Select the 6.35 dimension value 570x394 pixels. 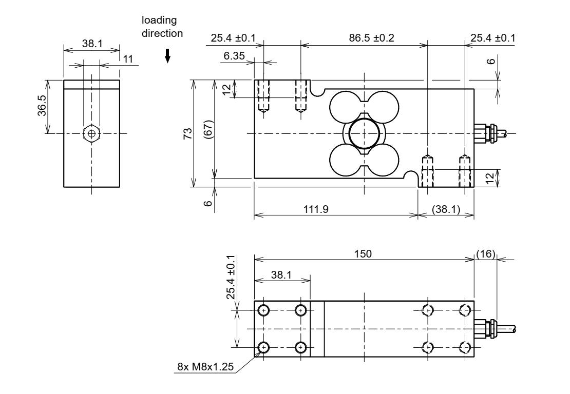pos(234,55)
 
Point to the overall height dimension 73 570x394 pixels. pos(188,133)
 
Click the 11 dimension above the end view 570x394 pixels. pos(127,58)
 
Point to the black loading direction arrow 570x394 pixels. pos(167,58)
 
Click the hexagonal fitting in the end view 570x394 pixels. pos(91,133)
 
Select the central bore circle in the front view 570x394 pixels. pos(364,133)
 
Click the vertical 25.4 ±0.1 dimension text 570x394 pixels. pos(232,277)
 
